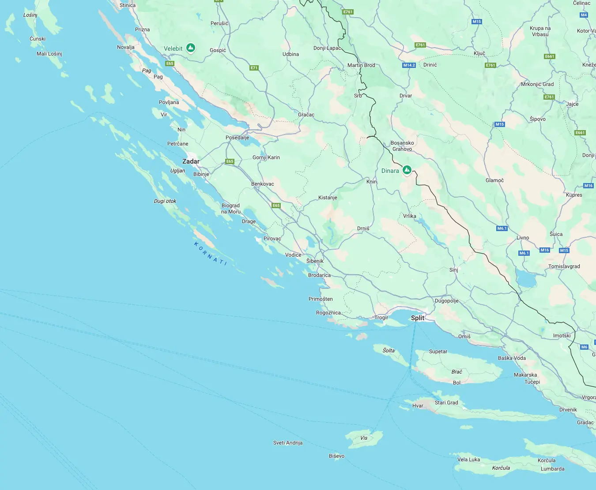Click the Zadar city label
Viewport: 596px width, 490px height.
191,161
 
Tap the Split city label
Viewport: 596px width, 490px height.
417,318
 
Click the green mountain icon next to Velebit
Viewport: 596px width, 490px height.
191,48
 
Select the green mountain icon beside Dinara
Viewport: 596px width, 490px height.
407,170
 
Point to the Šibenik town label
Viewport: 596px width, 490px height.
315,261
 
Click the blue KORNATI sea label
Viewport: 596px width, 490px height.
211,253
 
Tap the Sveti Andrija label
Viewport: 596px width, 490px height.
288,443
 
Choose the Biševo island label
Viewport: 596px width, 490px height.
336,456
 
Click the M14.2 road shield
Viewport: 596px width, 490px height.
409,65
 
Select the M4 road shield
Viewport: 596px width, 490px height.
584,15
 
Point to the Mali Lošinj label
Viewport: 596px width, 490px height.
49,54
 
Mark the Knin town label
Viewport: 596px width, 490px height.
372,182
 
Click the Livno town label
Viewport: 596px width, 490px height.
523,238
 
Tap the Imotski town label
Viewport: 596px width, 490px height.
562,336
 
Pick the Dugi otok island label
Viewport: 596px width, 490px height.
165,201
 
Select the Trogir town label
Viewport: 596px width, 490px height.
381,318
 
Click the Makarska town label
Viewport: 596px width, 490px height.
525,375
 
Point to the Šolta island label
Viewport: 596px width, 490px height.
389,351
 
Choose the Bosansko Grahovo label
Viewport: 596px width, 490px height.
402,146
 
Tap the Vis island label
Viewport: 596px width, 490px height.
364,438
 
